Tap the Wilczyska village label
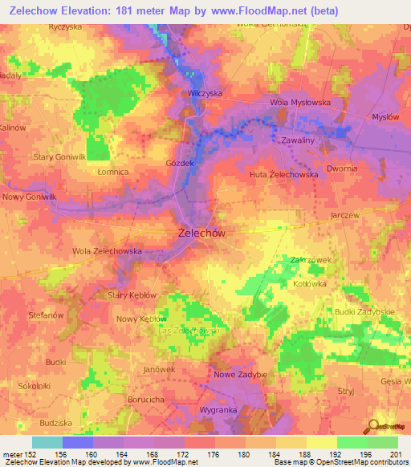[204, 93]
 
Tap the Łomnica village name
[112, 172]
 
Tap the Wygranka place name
[217, 409]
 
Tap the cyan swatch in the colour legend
[47, 442]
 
